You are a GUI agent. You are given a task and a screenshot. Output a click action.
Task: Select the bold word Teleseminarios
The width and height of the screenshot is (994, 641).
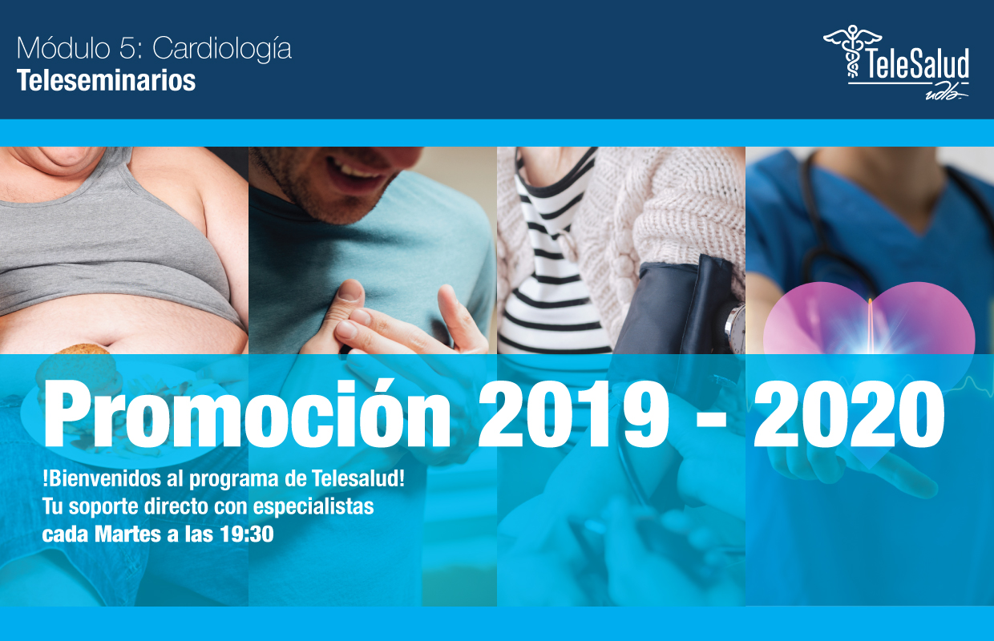106,81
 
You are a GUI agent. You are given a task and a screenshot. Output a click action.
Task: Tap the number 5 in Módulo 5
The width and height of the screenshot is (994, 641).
127,48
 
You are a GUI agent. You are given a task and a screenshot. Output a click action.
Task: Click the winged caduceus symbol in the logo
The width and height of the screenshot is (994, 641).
852,51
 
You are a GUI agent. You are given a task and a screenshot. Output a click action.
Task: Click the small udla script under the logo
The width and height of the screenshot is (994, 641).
946,94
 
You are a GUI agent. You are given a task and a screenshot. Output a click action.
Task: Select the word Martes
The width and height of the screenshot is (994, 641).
127,534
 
